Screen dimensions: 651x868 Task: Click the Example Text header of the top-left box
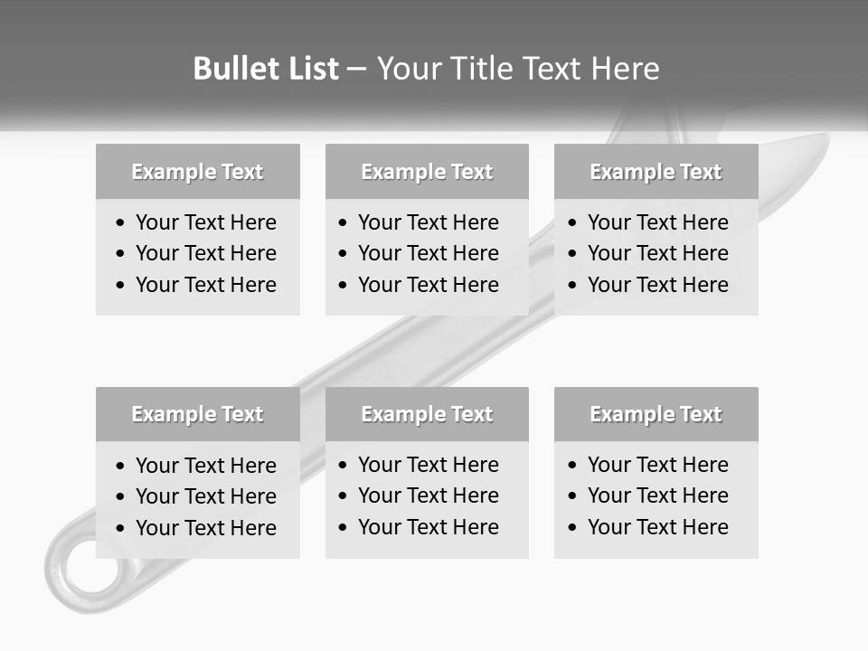point(197,172)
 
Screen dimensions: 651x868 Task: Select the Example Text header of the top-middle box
point(427,172)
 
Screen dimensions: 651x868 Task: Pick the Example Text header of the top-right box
point(656,172)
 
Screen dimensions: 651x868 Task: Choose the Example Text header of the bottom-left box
point(197,414)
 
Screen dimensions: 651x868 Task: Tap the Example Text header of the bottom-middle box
point(427,414)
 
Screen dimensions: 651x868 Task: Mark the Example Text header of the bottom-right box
point(656,414)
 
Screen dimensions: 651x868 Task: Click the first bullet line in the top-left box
point(205,222)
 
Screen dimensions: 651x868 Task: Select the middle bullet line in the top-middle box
point(428,253)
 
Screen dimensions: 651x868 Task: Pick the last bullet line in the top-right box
point(657,285)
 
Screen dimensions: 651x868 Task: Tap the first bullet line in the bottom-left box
point(205,466)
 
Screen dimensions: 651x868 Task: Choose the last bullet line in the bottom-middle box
point(428,527)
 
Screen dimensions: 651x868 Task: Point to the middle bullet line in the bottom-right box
point(657,495)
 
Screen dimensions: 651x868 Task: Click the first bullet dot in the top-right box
point(572,223)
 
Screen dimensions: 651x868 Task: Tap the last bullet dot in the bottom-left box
point(121,529)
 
